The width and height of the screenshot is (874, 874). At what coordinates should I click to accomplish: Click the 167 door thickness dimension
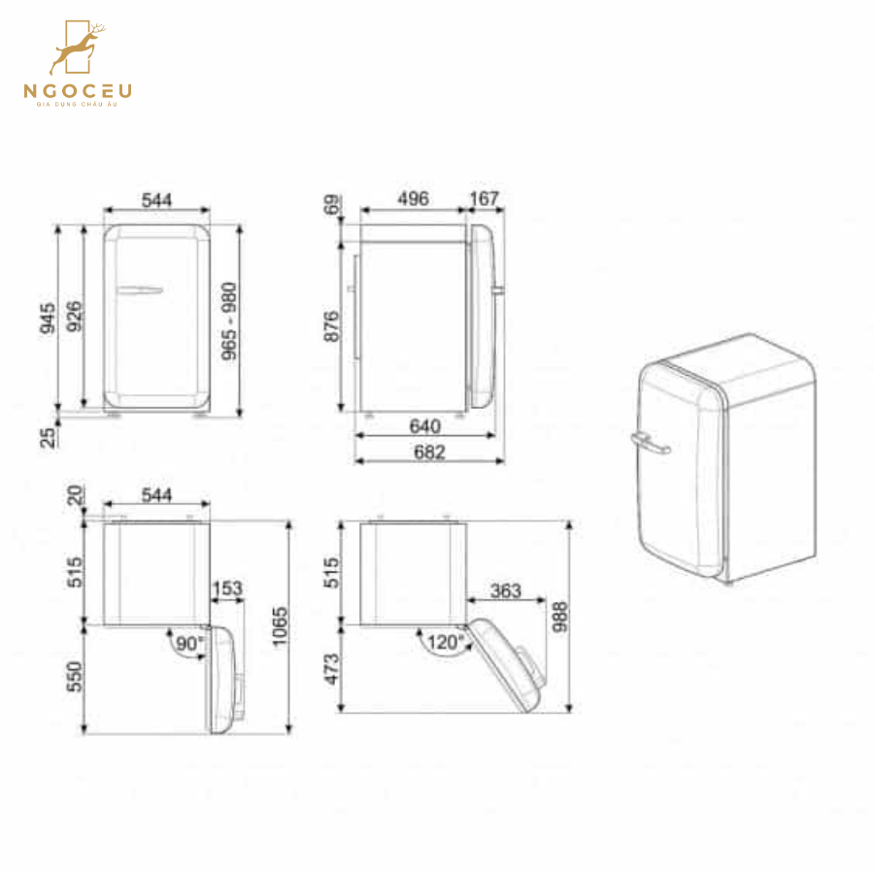pyautogui.click(x=484, y=199)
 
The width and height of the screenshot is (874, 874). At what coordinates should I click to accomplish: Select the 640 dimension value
pyautogui.click(x=425, y=426)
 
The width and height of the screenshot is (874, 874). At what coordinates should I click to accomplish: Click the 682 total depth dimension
pyautogui.click(x=428, y=453)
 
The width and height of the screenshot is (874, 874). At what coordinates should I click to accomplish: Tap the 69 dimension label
pyautogui.click(x=331, y=206)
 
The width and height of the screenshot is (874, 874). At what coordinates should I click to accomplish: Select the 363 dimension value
pyautogui.click(x=506, y=590)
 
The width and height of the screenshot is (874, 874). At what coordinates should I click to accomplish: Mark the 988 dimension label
pyautogui.click(x=559, y=616)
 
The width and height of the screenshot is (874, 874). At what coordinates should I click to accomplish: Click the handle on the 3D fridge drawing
pyautogui.click(x=650, y=444)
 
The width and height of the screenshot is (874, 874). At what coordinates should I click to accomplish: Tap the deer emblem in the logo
pyautogui.click(x=79, y=50)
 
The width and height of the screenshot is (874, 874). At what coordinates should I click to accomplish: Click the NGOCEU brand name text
pyautogui.click(x=79, y=92)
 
